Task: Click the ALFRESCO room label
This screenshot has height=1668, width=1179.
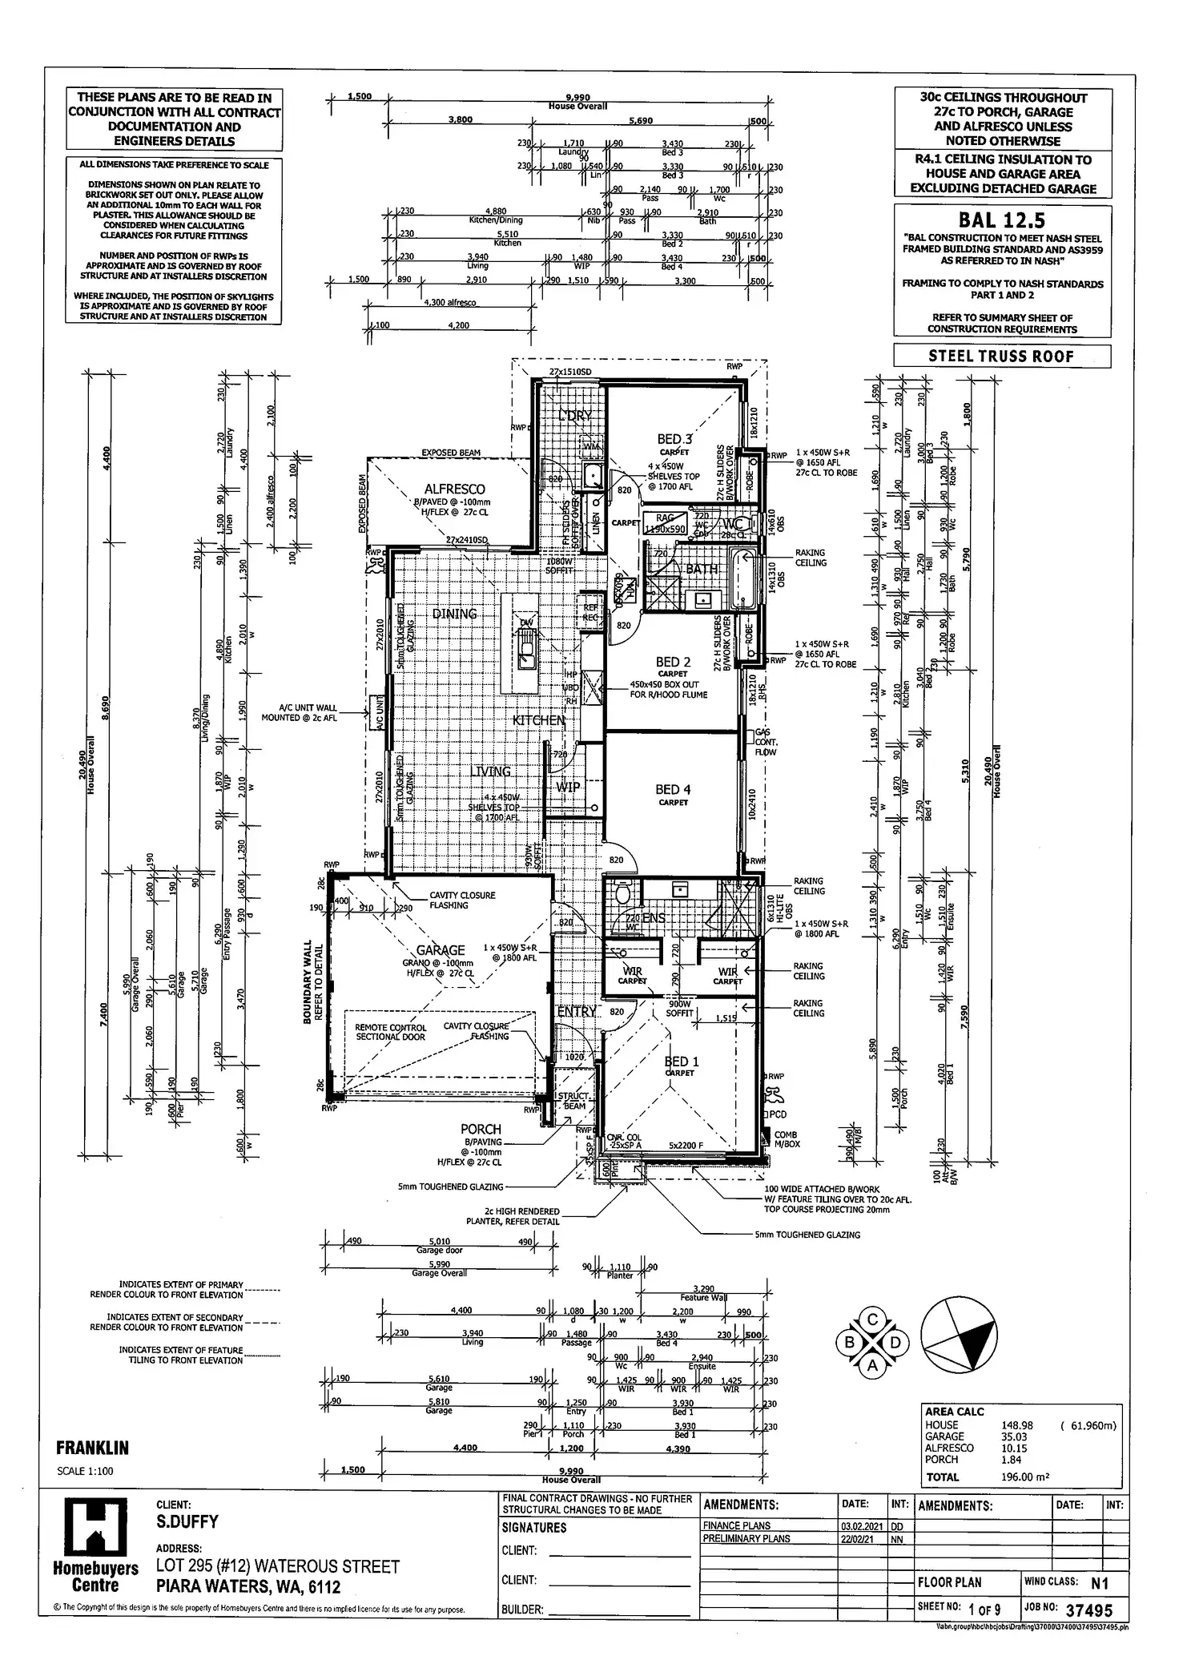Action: point(455,489)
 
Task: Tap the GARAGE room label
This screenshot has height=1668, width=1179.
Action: point(441,950)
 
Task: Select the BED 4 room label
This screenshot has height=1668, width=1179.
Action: point(673,789)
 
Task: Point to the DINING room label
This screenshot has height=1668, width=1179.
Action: point(454,614)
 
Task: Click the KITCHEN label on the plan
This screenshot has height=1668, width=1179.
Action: point(539,720)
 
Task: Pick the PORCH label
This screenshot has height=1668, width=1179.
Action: point(481,1129)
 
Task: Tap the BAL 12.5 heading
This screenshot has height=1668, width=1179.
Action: point(1002,220)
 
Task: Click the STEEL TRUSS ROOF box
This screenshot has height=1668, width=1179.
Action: point(1002,356)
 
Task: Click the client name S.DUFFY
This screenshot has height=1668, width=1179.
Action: point(188,1521)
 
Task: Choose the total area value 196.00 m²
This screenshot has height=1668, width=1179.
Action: point(1025,1477)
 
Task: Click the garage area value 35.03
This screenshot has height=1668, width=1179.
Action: point(1014,1436)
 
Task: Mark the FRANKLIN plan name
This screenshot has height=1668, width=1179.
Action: point(92,1448)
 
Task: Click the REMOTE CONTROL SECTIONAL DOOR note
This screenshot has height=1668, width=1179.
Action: point(390,1032)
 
